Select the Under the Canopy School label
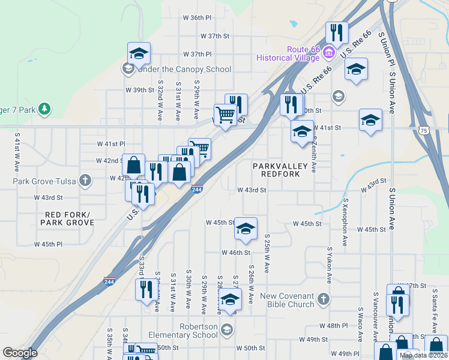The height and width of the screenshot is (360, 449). (184, 69)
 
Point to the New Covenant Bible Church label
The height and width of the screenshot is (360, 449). (287, 300)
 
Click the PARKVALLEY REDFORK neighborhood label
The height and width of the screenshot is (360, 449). (280, 169)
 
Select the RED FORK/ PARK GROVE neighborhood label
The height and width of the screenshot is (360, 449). (67, 218)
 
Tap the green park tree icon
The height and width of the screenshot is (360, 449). (44, 109)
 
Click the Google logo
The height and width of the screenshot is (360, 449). (20, 353)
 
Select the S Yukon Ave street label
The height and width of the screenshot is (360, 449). (329, 264)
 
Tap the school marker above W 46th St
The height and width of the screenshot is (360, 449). (245, 229)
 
